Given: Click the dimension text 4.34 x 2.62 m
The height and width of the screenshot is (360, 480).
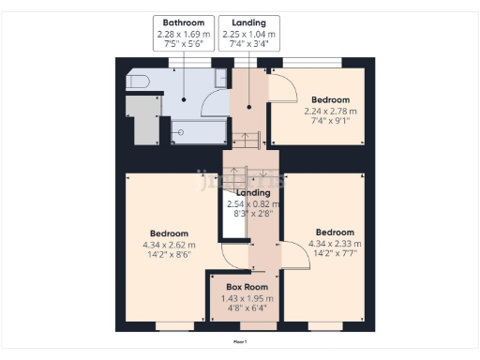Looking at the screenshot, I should tap(169, 246).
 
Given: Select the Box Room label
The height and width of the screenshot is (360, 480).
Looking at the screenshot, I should tap(247, 287).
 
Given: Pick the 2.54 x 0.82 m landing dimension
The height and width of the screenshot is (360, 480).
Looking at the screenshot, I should tap(251, 203).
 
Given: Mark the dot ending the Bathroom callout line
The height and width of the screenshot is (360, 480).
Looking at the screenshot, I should tap(184, 99).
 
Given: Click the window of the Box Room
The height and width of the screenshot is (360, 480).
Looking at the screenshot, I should tap(247, 328).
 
